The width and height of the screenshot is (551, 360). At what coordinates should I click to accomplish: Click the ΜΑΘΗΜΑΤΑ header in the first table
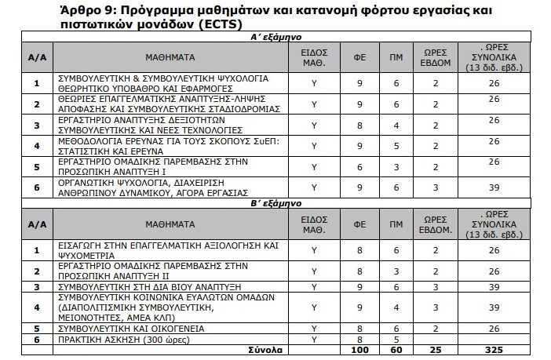tap(170, 57)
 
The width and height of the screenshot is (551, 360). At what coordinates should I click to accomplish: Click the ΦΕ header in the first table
tap(359, 57)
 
